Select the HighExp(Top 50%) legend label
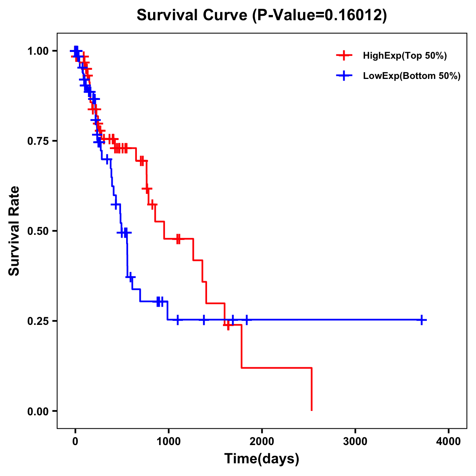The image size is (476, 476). point(405,56)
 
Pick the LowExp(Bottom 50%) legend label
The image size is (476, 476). point(412,76)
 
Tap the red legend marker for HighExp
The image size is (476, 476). point(344,56)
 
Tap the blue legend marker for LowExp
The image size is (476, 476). point(344,76)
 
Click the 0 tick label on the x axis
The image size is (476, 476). point(75,442)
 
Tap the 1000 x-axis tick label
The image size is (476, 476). point(168,442)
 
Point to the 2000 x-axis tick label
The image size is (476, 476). point(262,442)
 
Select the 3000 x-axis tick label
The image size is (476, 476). point(355,442)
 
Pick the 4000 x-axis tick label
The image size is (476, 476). point(449,442)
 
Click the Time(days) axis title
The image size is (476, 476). point(262,459)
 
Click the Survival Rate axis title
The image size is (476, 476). point(14,231)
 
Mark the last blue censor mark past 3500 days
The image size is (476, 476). point(422,320)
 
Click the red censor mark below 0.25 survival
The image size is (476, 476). point(228,325)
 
